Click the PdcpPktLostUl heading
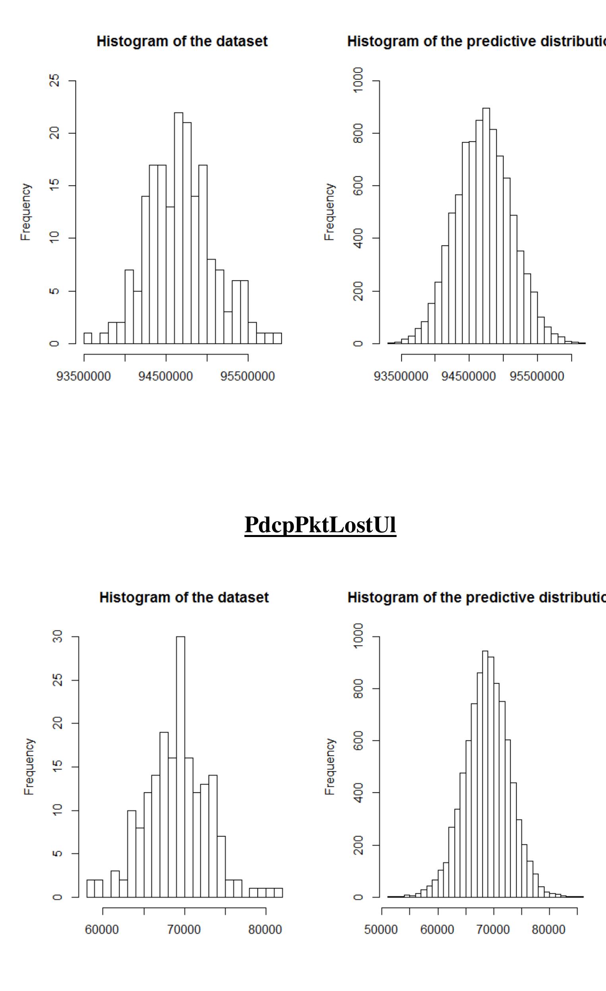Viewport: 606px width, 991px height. pos(320,525)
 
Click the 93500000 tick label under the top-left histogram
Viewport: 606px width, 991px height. pos(84,377)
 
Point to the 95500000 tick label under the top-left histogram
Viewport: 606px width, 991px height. pos(248,377)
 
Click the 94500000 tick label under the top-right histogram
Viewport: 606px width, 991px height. pos(469,377)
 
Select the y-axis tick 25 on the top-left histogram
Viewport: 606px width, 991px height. pos(55,81)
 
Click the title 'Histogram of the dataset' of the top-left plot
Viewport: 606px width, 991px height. pos(182,41)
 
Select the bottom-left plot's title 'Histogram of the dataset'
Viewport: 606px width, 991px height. pos(184,597)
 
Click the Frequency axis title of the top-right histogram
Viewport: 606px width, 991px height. pos(329,212)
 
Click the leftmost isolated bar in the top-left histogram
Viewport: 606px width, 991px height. pos(88,338)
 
